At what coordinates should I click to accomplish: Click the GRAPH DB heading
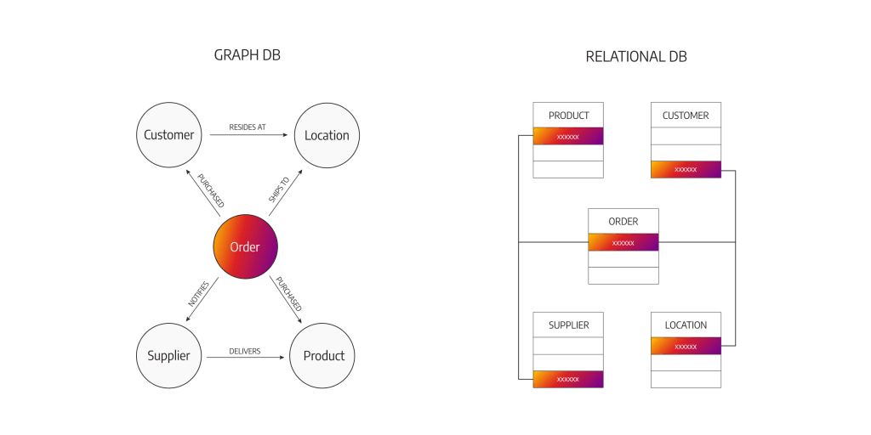tap(248, 55)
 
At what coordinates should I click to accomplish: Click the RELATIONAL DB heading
tap(636, 57)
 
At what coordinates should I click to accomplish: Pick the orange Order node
tap(245, 247)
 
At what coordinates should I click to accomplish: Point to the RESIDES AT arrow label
tap(248, 127)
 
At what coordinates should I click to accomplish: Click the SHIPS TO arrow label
tap(278, 189)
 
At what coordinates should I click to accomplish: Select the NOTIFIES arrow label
tap(198, 294)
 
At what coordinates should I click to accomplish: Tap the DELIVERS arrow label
tap(245, 351)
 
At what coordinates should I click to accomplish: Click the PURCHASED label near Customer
tap(211, 190)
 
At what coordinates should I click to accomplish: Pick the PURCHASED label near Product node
tap(289, 294)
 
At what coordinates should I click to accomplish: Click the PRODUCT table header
tap(568, 115)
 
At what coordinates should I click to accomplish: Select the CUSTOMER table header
tap(686, 115)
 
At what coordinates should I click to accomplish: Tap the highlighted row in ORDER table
tap(623, 242)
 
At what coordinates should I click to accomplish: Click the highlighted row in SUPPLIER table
tap(568, 379)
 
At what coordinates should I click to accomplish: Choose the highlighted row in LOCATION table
tap(686, 347)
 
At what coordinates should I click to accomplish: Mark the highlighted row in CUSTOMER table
tap(686, 169)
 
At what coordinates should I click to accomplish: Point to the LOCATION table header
tap(686, 325)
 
